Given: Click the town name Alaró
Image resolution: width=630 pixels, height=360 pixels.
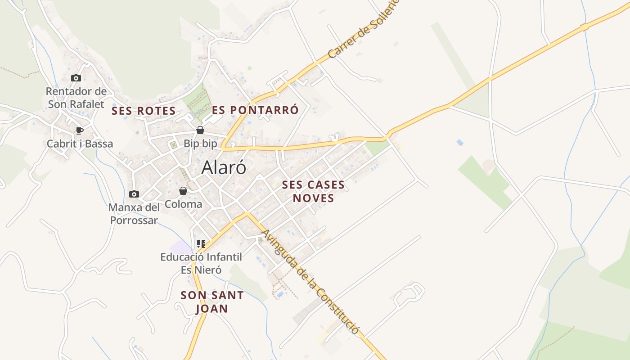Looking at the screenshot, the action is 224,167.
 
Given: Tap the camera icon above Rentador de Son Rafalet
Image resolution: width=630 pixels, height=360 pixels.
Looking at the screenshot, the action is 76,78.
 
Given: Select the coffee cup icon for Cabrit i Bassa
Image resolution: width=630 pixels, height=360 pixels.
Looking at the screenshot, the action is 80,130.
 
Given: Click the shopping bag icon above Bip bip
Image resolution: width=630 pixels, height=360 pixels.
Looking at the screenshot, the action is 200,130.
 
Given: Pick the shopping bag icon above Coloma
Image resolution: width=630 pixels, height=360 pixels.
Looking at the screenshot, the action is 183,191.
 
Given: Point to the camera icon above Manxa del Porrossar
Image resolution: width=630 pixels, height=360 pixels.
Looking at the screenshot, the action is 134,194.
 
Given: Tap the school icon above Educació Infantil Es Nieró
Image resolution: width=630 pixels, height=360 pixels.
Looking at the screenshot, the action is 201,244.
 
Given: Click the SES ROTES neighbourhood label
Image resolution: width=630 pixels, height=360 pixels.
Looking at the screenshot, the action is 144,111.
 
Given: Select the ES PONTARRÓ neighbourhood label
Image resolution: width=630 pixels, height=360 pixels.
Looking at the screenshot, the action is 255,110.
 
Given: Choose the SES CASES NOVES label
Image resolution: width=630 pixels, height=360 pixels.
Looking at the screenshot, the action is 313,191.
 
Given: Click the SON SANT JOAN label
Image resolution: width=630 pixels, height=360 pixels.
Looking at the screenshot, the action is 212,302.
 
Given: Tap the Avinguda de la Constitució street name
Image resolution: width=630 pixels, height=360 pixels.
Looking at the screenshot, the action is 310,282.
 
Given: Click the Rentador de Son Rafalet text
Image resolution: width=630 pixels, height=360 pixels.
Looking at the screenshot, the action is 76,98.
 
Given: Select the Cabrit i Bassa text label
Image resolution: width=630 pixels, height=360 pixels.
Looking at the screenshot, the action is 80,144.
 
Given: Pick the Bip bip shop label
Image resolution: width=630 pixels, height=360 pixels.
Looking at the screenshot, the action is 200,144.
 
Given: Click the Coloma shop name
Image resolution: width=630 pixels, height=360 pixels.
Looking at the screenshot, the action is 183,204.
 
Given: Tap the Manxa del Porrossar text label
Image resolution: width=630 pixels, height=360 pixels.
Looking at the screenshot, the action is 134,214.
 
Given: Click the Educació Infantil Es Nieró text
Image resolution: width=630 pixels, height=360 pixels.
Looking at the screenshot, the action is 201,263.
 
